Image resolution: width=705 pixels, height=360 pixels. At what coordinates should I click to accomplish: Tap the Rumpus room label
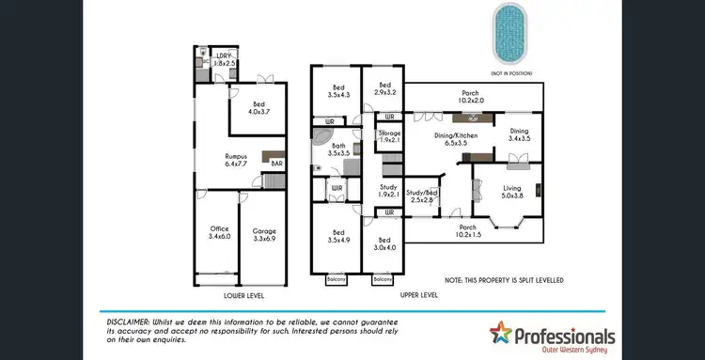[x=236, y=160]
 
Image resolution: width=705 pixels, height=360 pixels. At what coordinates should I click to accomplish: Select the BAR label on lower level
[x=276, y=163]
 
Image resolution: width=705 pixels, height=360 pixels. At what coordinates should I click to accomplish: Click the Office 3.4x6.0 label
[x=220, y=232]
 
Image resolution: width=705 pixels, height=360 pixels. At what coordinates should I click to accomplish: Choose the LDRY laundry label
[x=223, y=58]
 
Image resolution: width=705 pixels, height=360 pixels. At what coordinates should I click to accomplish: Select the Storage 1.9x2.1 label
[x=389, y=136]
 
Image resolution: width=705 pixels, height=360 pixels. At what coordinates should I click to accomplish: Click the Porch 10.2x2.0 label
[x=471, y=98]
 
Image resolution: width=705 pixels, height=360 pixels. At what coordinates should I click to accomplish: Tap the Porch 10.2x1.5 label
[x=467, y=231]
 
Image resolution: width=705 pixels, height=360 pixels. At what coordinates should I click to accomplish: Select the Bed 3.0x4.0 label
[x=385, y=243]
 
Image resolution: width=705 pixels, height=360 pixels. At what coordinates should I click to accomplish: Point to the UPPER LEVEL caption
[x=418, y=294]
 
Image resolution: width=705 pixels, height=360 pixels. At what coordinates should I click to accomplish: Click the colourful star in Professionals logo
[x=505, y=335]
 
